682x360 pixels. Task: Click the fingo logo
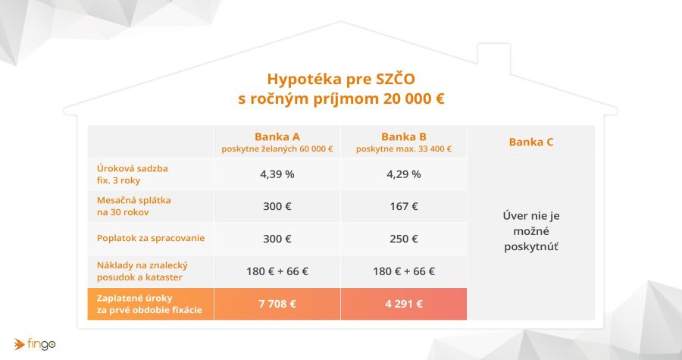coord(35,344)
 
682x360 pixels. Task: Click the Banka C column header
coord(531,142)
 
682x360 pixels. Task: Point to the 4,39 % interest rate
coord(277,174)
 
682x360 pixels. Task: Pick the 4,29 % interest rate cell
coord(404,174)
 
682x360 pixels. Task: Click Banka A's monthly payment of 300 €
coord(277,206)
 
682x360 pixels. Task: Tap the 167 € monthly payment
coord(404,206)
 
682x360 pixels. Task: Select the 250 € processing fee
coord(404,239)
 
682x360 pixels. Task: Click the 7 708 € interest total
coord(277,304)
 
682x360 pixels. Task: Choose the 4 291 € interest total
coord(404,304)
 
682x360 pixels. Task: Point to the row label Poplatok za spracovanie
coord(151,238)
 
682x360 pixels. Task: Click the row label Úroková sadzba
coord(132,168)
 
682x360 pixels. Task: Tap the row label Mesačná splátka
coord(134,200)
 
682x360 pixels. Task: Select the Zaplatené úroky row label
coord(134,299)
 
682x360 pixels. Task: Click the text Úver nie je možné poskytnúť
coord(531,231)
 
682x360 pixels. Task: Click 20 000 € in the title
coord(414,99)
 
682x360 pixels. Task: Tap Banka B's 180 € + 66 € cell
coord(404,271)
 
